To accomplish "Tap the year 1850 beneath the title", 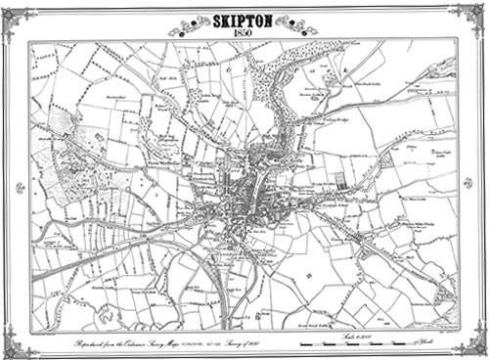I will pos(244,34).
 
